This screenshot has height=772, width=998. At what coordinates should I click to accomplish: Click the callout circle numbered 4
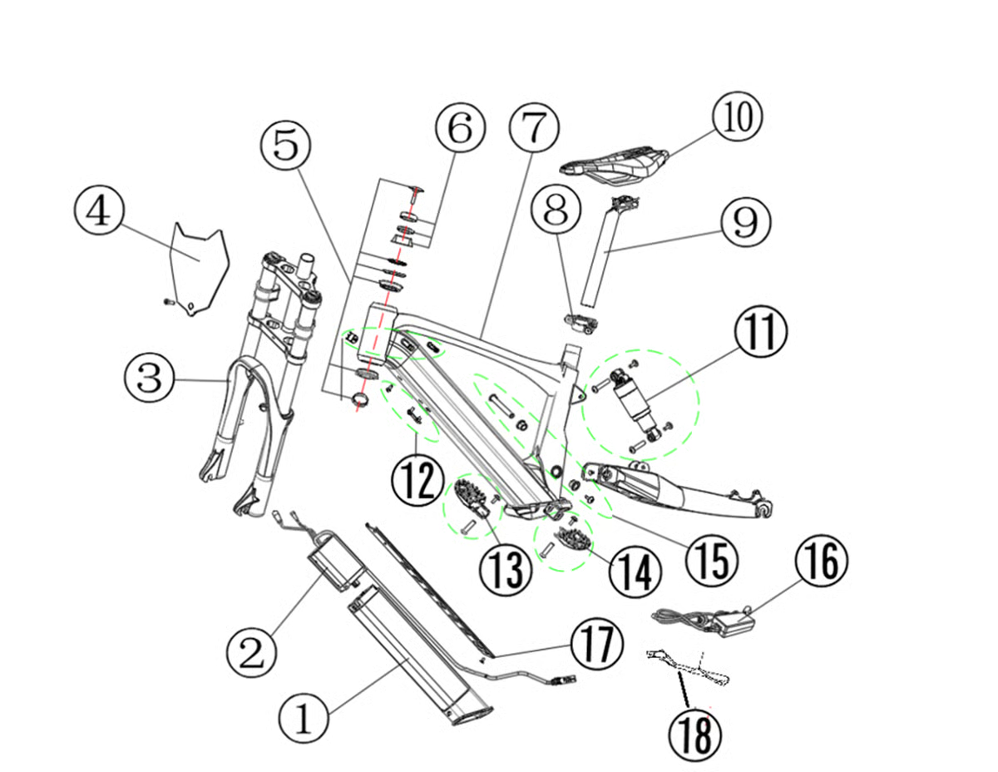point(99,211)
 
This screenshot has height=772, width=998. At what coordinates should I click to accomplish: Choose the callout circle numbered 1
point(304,717)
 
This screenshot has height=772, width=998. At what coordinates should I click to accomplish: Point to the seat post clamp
point(579,321)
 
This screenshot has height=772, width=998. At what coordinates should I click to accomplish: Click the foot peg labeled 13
point(471,498)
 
